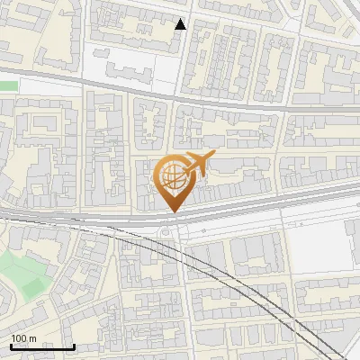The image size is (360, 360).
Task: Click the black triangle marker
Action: (181, 24)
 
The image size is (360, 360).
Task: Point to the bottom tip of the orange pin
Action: (175, 212)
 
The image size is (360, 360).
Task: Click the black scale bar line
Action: (42, 346)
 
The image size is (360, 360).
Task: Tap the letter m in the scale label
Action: (33, 338)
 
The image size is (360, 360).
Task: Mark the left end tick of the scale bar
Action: (11, 345)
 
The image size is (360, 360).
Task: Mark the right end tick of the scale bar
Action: (74, 345)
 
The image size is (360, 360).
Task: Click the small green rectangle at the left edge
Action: (8, 85)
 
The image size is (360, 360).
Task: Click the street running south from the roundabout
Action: (184, 297)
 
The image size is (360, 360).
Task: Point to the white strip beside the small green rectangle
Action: (45, 85)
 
